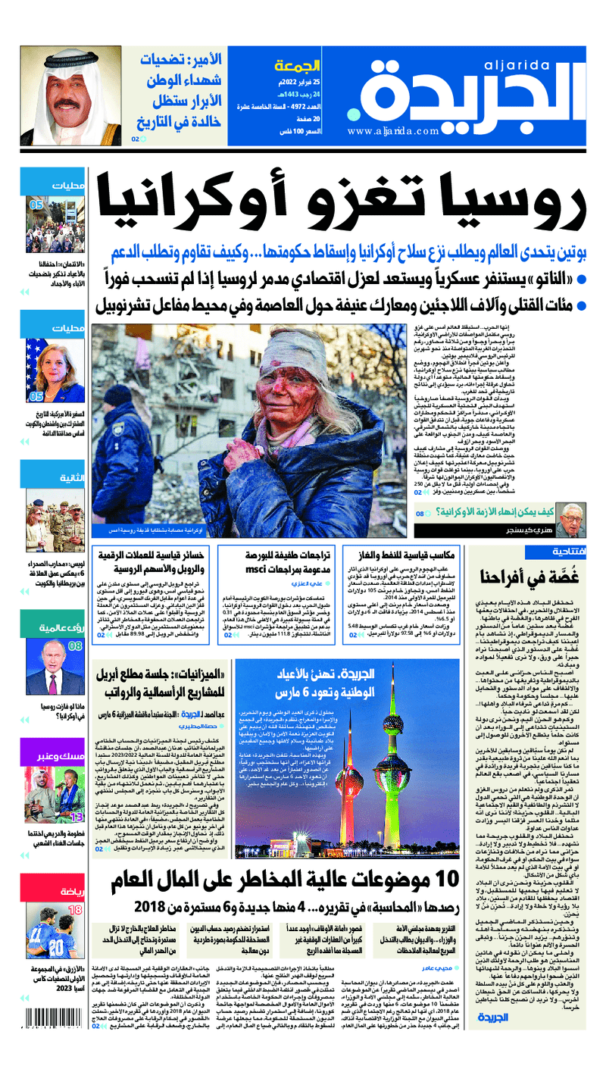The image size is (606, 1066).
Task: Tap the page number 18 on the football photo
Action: pos(76,909)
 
